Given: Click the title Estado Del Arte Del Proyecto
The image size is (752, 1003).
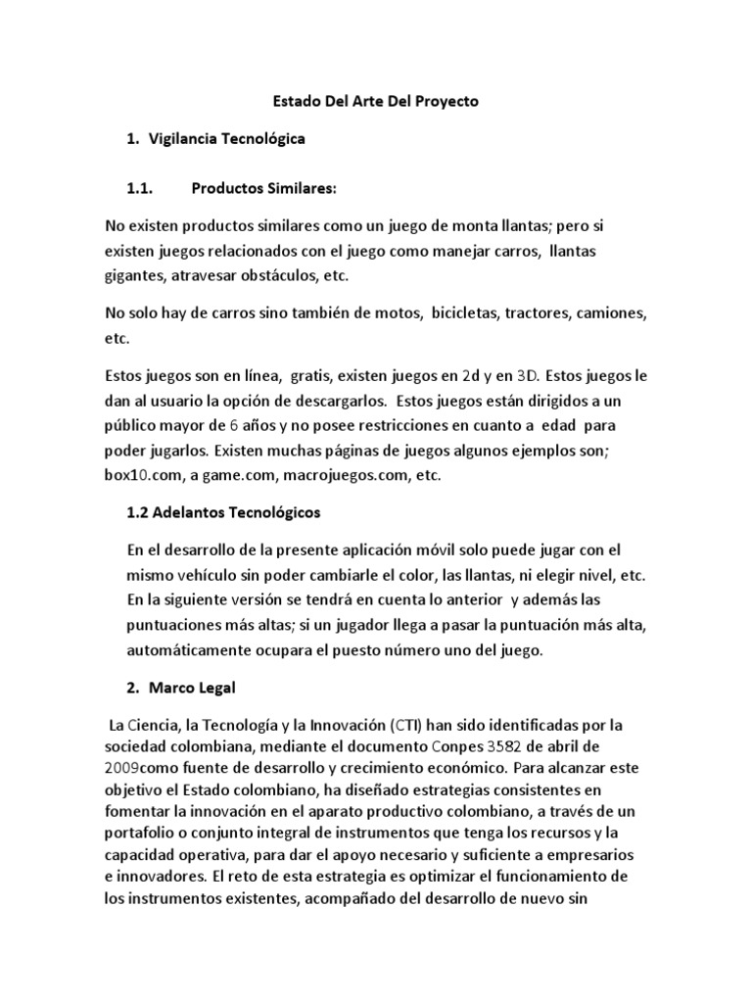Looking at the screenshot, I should (375, 101).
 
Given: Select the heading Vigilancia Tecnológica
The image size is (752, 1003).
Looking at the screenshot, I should (227, 139).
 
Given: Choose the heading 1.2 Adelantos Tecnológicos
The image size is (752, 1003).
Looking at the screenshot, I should (224, 512).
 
